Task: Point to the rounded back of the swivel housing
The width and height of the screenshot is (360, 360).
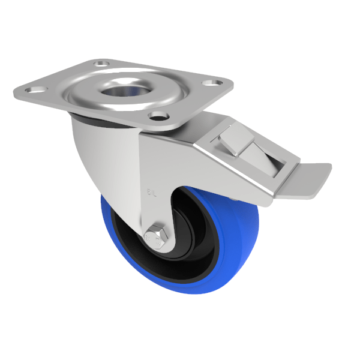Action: (90, 156)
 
